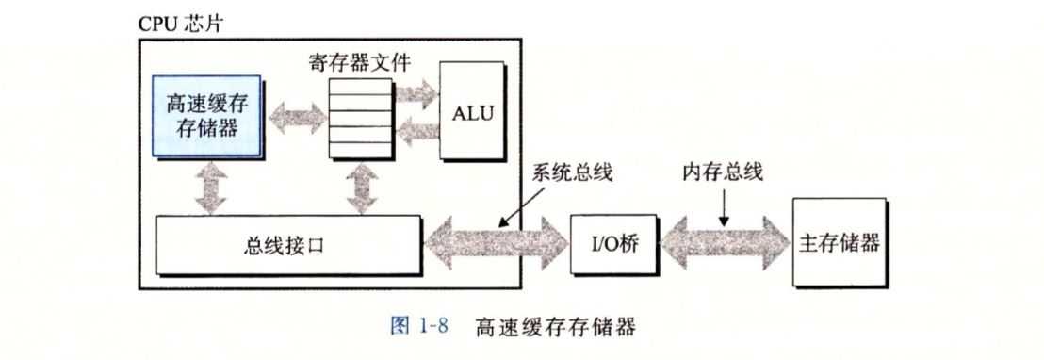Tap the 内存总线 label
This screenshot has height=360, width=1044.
pos(724,173)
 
